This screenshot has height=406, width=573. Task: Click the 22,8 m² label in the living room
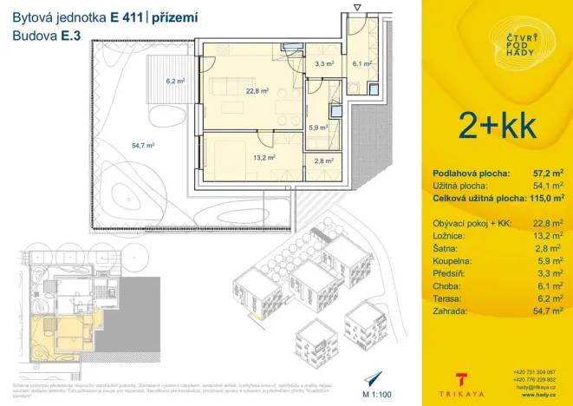257,89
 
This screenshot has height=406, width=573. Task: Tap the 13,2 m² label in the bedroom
264,158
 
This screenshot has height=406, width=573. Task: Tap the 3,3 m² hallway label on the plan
324,63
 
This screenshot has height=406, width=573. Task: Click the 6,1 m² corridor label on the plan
361,63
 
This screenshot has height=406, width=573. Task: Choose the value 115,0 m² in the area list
543,198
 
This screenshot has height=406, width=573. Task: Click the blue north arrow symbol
374,378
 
